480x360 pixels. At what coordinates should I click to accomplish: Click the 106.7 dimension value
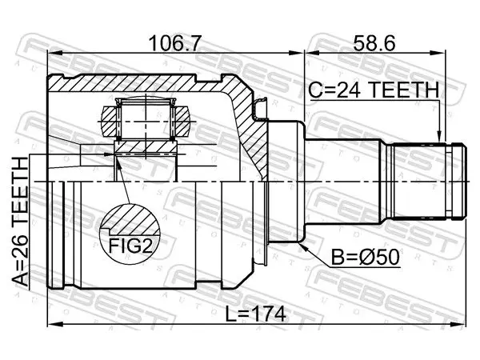click(x=175, y=43)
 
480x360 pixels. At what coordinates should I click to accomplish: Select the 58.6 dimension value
click(x=374, y=43)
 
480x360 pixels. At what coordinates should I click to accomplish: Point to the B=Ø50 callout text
click(x=366, y=257)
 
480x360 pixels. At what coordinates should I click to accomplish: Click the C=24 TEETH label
click(x=374, y=90)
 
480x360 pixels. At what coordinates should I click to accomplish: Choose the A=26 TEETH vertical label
click(x=20, y=222)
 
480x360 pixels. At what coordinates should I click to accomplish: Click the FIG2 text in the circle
click(x=130, y=246)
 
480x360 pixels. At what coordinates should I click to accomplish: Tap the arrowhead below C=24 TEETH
click(x=439, y=137)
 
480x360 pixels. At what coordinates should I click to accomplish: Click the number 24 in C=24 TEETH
click(x=348, y=90)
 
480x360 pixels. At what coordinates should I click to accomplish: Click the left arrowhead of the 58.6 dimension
click(x=310, y=53)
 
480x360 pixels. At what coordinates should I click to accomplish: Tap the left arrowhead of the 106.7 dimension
click(x=54, y=53)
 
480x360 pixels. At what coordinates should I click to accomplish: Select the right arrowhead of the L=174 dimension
click(x=459, y=325)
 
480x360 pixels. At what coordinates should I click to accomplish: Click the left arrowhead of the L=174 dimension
click(x=54, y=325)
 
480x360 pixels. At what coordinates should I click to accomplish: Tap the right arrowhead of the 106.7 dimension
click(x=296, y=53)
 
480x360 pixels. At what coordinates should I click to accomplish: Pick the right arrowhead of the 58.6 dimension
click(x=438, y=53)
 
